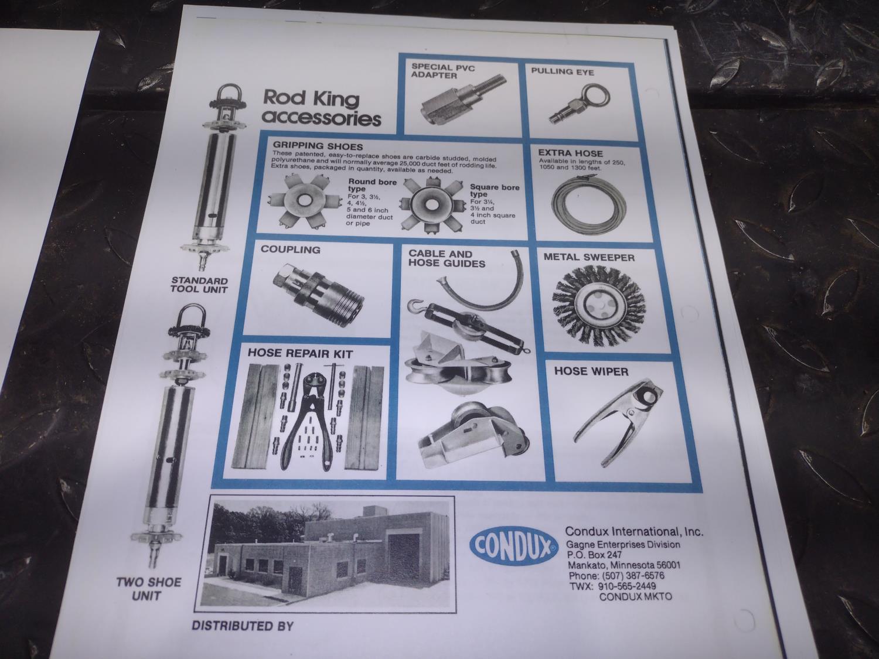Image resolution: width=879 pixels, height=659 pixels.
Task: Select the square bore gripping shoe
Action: [x=432, y=204]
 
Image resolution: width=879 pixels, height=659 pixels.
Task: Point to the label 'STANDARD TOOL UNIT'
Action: [x=199, y=285]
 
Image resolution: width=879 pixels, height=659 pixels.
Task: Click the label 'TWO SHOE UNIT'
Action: [x=149, y=589]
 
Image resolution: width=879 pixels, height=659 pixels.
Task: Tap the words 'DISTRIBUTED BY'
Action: [x=243, y=626]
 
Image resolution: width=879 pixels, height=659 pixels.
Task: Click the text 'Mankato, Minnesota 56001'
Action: [x=624, y=565]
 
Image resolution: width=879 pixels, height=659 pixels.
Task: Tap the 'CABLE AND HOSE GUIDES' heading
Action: [x=446, y=259]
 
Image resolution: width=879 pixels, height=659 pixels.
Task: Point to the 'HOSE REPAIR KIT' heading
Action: [x=300, y=354]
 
